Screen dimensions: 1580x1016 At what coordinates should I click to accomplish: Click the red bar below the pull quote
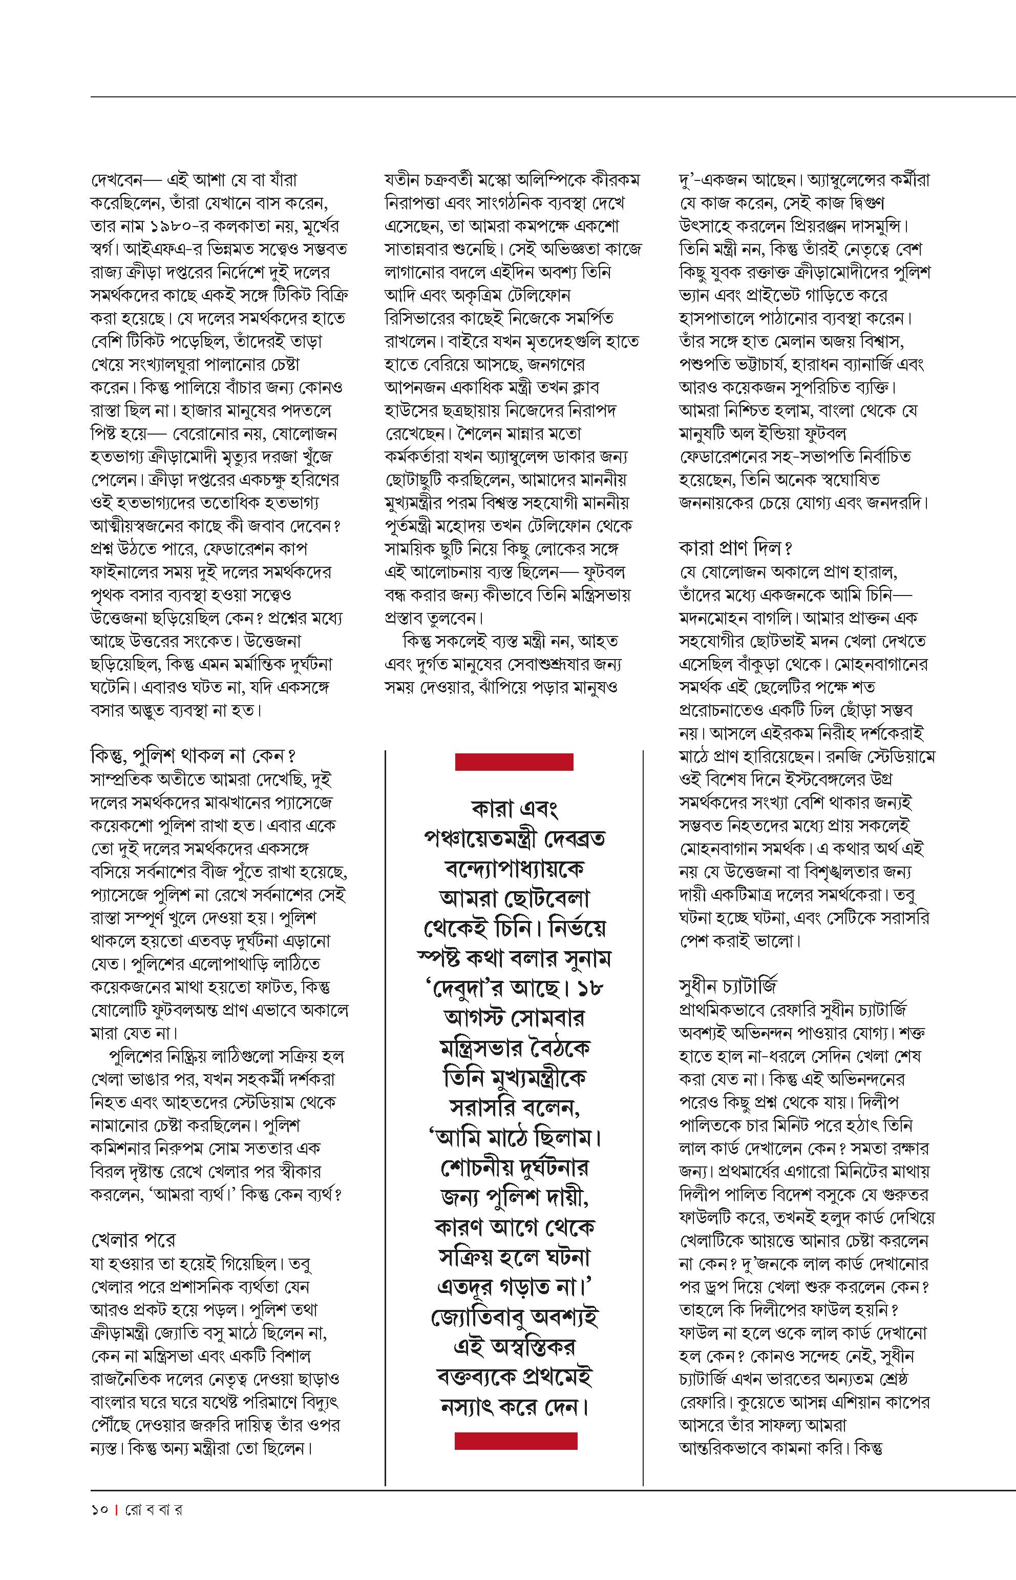(x=516, y=1441)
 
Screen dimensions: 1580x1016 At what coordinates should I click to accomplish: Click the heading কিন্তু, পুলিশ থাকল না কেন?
(x=193, y=755)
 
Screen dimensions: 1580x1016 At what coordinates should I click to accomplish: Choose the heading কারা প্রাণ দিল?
(x=735, y=548)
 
